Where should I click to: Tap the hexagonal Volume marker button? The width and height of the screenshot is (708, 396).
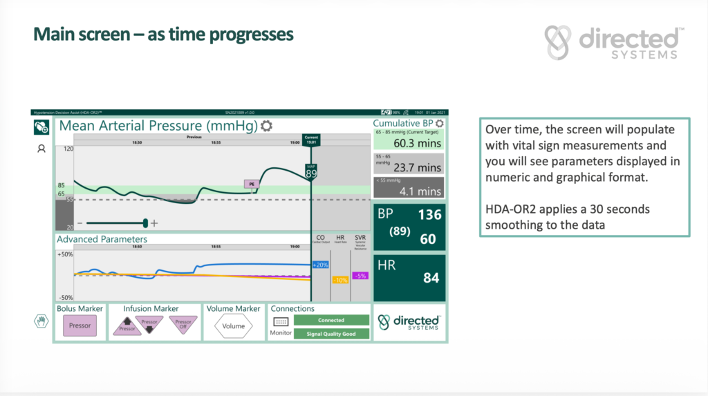[233, 326]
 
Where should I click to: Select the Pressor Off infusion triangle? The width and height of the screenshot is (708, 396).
[183, 324]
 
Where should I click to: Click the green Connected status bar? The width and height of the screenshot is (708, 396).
[331, 321]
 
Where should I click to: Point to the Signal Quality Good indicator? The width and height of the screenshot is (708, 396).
[331, 334]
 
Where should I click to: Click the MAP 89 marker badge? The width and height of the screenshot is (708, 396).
[311, 172]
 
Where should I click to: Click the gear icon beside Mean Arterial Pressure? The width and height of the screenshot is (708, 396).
[266, 126]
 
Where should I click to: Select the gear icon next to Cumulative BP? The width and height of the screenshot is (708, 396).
[439, 124]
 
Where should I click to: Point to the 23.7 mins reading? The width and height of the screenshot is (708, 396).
[417, 167]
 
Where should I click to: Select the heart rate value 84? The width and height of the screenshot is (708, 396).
[431, 279]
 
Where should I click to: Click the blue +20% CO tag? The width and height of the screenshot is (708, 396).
[320, 265]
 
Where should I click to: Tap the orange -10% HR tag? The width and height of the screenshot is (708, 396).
[340, 280]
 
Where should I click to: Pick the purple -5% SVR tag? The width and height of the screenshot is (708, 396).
[360, 276]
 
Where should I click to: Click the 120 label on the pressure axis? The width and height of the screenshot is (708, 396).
[68, 149]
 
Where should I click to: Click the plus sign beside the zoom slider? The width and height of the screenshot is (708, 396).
[154, 223]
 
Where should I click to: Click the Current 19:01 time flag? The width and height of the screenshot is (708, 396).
[311, 139]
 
